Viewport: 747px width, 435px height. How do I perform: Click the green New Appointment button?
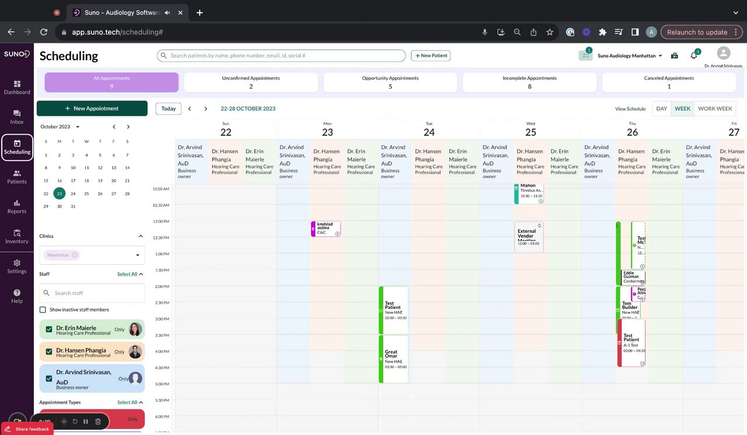click(92, 108)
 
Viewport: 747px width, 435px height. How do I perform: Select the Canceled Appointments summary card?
click(669, 82)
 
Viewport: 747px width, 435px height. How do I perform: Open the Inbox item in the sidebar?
click(17, 117)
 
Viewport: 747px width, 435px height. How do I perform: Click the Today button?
click(168, 108)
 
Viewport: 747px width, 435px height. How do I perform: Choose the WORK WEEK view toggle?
click(714, 108)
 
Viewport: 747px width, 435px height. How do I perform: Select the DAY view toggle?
click(661, 108)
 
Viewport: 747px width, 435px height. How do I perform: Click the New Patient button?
click(431, 55)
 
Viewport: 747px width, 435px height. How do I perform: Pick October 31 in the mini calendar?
click(73, 206)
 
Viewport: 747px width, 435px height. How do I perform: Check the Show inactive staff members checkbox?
click(43, 310)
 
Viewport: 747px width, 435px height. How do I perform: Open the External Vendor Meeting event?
click(529, 237)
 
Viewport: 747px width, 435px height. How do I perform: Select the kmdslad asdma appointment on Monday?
click(326, 229)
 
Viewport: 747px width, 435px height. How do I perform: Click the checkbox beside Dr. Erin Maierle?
click(49, 329)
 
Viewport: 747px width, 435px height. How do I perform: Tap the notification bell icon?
click(694, 56)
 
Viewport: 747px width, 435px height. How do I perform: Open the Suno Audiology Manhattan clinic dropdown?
click(630, 56)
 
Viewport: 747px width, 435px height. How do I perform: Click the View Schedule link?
click(630, 109)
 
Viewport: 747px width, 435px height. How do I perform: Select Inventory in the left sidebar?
click(17, 236)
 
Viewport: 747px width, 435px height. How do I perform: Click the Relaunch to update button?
click(697, 32)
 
